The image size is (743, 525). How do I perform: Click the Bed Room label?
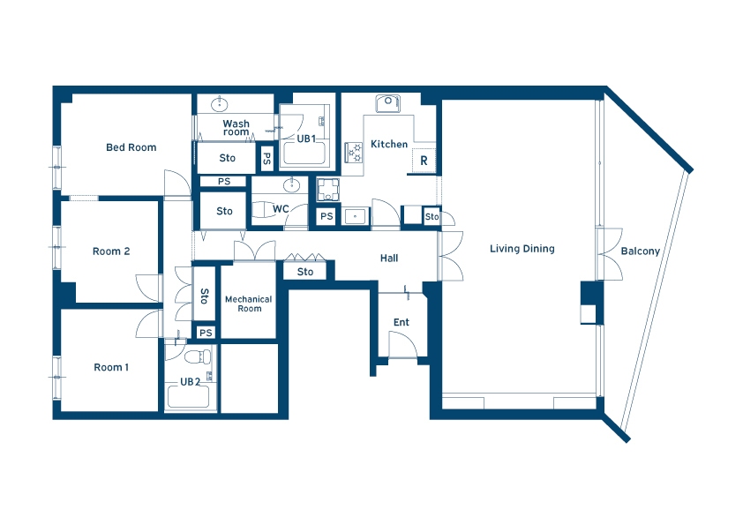pyautogui.click(x=131, y=147)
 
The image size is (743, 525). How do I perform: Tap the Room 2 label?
pyautogui.click(x=111, y=251)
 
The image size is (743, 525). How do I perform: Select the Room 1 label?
pyautogui.click(x=111, y=367)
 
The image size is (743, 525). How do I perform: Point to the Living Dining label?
pyautogui.click(x=522, y=249)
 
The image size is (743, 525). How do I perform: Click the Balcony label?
pyautogui.click(x=640, y=251)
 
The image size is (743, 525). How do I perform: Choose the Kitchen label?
pyautogui.click(x=389, y=144)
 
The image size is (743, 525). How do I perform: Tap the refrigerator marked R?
pyautogui.click(x=424, y=161)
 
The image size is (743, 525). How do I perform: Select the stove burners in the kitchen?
pyautogui.click(x=354, y=153)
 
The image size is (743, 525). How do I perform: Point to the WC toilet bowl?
pyautogui.click(x=262, y=209)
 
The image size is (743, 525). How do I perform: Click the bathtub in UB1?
pyautogui.click(x=303, y=152)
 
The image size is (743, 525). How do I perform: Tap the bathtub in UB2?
pyautogui.click(x=188, y=396)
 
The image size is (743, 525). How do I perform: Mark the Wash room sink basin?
pyautogui.click(x=220, y=103)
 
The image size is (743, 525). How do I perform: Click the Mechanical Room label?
pyautogui.click(x=249, y=304)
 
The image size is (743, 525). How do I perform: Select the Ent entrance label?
pyautogui.click(x=402, y=322)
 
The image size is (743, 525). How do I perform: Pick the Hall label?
pyautogui.click(x=389, y=259)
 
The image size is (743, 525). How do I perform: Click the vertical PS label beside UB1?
pyautogui.click(x=266, y=158)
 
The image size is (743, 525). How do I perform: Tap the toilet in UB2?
pyautogui.click(x=198, y=356)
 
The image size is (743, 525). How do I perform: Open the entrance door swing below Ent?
pyautogui.click(x=402, y=344)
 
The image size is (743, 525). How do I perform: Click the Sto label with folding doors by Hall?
pyautogui.click(x=305, y=272)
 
